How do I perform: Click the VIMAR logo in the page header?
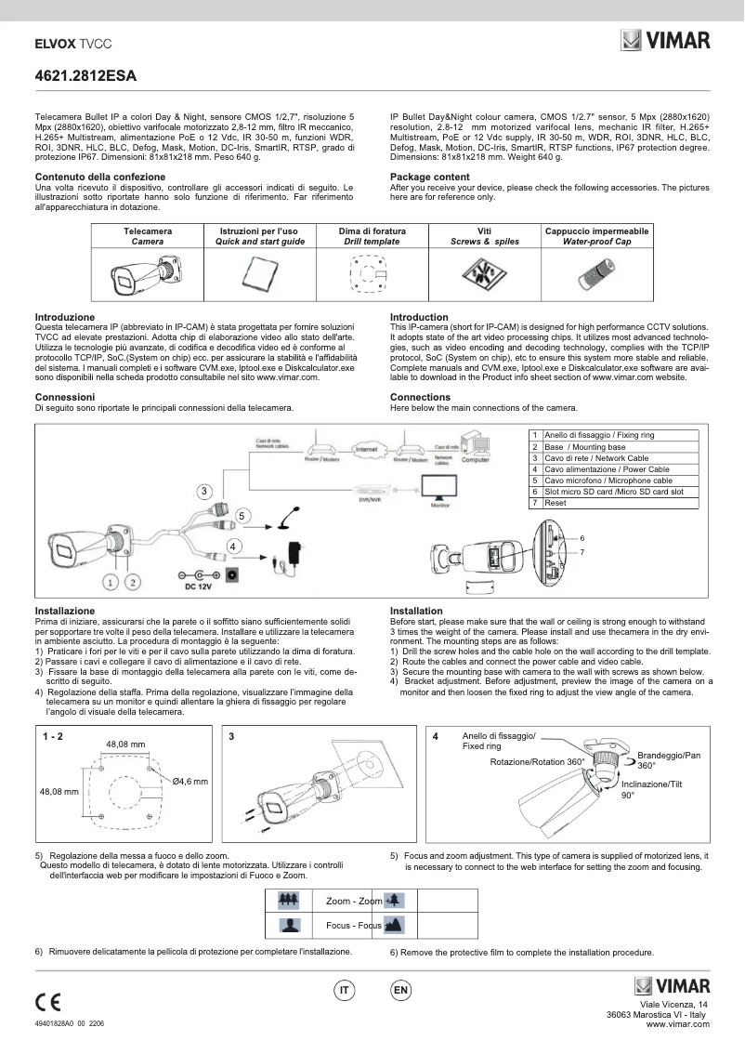(x=665, y=40)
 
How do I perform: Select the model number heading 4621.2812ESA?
(x=85, y=77)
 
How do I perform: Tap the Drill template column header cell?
(x=381, y=235)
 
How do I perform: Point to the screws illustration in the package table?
(x=484, y=273)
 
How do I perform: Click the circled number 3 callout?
(x=203, y=490)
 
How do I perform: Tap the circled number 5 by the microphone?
(x=242, y=514)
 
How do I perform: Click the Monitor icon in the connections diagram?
(x=440, y=489)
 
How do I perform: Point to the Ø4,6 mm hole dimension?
(x=190, y=782)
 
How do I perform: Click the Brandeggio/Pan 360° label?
(x=669, y=760)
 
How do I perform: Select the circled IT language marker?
(x=345, y=991)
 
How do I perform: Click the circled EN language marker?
(x=400, y=991)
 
